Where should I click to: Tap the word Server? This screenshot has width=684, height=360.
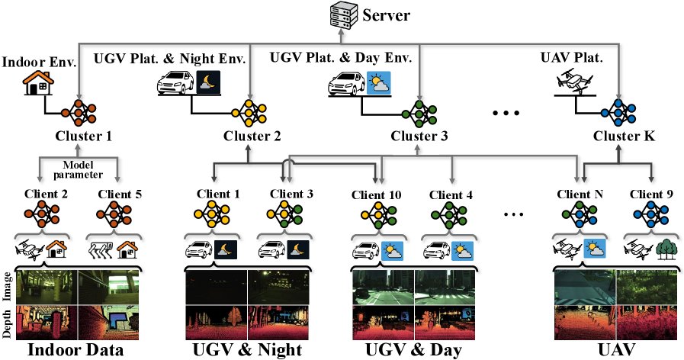pos(387,15)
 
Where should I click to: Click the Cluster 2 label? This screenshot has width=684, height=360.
pos(252,137)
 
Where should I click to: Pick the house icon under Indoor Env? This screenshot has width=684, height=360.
pos(38,82)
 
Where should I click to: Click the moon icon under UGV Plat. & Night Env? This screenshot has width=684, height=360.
pos(208,82)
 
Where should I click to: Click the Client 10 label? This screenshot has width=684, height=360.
pos(377,195)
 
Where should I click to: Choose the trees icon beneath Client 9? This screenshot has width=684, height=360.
pos(666,249)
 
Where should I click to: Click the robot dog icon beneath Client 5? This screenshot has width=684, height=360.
pos(101,250)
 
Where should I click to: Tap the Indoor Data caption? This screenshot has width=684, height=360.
pos(75,350)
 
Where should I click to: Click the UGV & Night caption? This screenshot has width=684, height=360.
pos(247,350)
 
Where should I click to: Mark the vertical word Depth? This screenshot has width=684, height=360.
pos(7,324)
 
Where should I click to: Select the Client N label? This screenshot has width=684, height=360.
pos(580,194)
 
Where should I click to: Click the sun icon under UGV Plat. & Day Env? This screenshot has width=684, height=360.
pos(379,83)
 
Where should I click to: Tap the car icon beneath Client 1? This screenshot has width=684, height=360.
pos(198,250)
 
